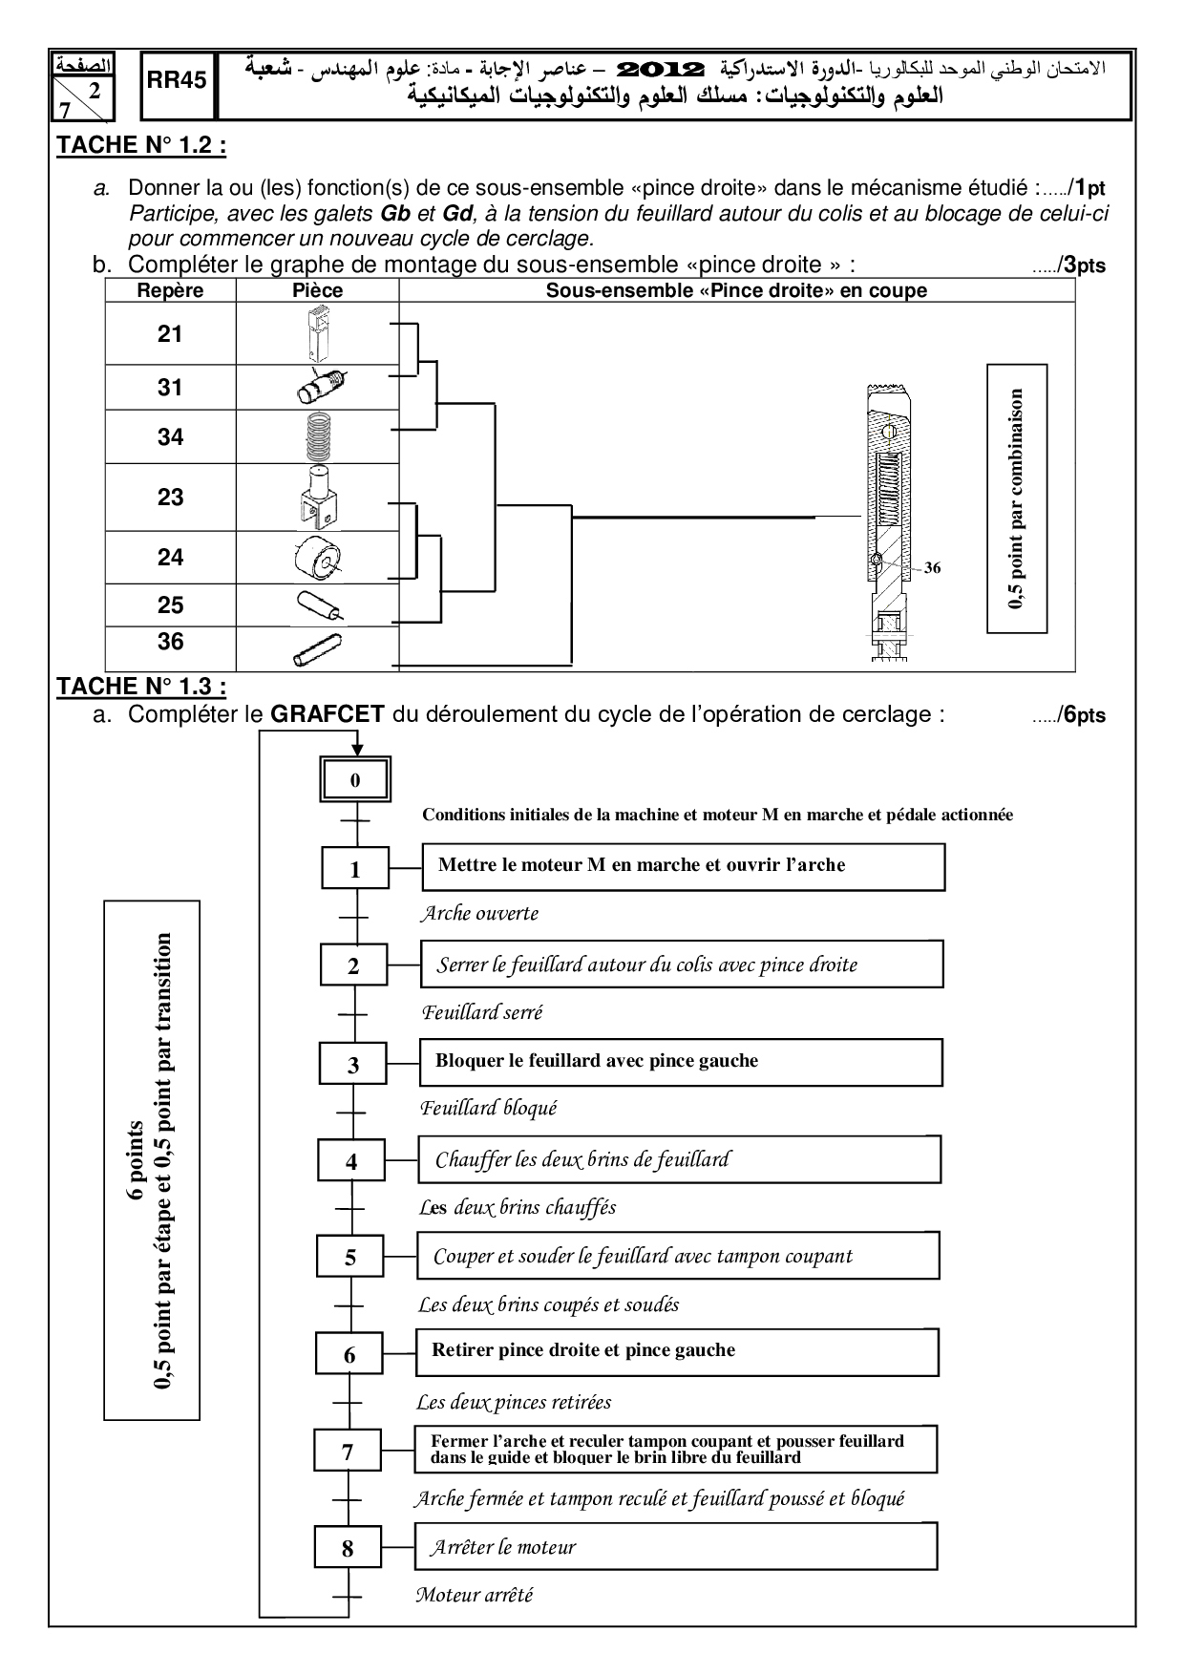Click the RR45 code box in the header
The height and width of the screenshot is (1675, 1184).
pos(178,81)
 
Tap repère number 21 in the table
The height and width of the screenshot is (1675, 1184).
pos(170,333)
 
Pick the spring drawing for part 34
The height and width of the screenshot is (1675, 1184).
pos(318,437)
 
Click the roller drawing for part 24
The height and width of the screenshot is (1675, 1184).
pos(318,558)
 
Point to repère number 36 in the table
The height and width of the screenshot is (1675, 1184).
pos(170,641)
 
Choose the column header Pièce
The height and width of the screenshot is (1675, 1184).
pos(317,290)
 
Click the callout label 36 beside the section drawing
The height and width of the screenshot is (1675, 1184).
pos(932,567)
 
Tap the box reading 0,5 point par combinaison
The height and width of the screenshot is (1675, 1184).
pos(1017,498)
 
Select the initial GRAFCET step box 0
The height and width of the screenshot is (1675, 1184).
pos(355,780)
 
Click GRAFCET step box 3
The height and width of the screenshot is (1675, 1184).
pos(353,1065)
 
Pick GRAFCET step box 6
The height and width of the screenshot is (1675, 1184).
pos(349,1355)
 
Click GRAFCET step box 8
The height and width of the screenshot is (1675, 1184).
pos(348,1548)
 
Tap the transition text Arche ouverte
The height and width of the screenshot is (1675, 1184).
pos(479,914)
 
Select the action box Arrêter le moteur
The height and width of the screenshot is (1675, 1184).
pos(675,1546)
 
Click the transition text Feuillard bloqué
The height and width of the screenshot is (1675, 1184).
pos(488,1109)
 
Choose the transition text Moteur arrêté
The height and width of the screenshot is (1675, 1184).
pos(474,1594)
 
